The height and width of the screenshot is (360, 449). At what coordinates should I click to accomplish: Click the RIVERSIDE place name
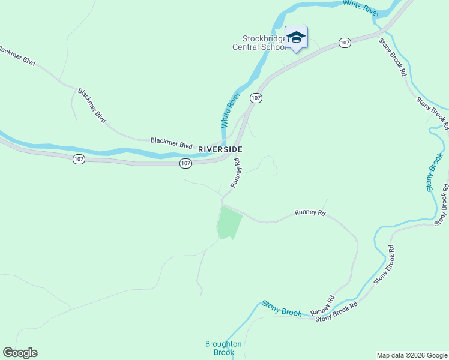[220, 149]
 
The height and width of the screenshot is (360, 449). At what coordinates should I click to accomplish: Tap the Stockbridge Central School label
[259, 43]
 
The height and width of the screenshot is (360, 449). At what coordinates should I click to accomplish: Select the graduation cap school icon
[296, 37]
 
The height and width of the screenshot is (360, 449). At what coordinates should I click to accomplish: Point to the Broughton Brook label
[223, 348]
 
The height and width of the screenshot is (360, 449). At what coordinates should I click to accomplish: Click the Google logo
[20, 353]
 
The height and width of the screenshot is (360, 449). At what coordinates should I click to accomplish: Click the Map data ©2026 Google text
[412, 355]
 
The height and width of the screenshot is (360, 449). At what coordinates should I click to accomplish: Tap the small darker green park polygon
[229, 223]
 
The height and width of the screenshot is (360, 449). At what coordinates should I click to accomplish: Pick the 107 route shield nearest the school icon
[345, 43]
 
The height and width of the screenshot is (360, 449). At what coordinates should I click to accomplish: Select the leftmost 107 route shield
[80, 159]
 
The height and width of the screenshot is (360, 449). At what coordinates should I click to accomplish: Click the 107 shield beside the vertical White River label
[256, 97]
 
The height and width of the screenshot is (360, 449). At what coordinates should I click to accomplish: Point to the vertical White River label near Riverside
[231, 110]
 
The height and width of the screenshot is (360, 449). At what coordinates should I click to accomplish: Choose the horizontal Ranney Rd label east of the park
[310, 213]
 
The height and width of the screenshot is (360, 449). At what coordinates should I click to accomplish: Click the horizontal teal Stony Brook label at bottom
[282, 308]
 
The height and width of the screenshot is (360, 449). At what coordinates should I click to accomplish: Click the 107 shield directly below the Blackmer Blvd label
[185, 163]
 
